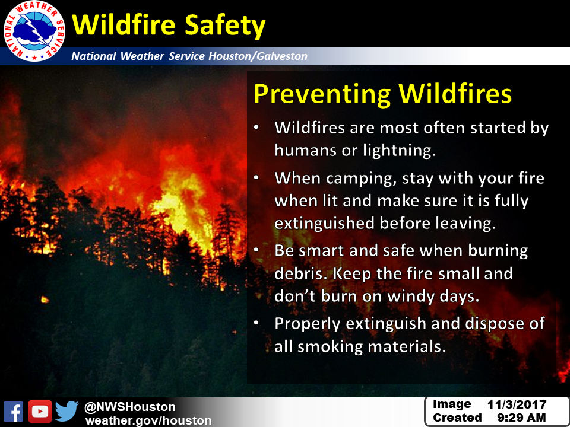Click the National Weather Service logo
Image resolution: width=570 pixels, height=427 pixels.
point(34,31)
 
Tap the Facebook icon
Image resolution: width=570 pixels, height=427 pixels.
point(14,412)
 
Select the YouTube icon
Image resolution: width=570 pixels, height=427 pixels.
point(40,412)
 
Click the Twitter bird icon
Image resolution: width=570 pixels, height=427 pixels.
point(67,411)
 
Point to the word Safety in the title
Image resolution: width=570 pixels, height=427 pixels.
point(225,26)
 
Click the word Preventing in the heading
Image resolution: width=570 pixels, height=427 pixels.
point(322,94)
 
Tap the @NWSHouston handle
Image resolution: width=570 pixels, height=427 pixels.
point(130,407)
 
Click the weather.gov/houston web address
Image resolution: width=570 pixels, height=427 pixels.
point(148,420)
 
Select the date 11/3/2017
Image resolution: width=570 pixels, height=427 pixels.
point(517,404)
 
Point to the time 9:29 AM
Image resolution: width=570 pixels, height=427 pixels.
point(521,418)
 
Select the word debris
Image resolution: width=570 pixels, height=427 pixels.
point(300,273)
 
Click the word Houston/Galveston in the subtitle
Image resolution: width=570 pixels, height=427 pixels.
point(258,56)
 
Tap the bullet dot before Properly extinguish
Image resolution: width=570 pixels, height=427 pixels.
point(256,323)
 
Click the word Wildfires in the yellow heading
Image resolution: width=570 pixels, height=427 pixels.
point(455,94)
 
